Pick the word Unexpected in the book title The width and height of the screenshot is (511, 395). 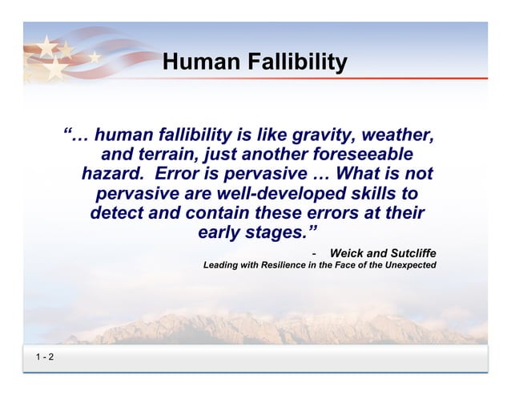[409, 264]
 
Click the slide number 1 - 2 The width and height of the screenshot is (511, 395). [44, 358]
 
